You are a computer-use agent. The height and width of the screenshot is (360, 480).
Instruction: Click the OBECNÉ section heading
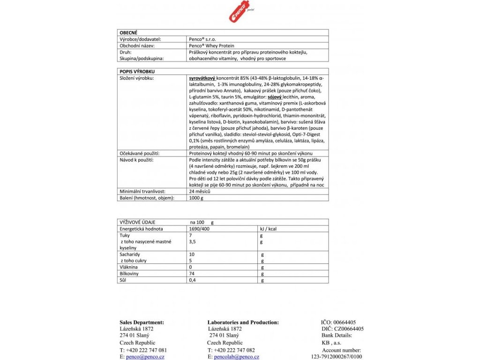click(129, 33)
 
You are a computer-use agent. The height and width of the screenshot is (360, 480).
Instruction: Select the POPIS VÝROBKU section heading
click(136, 71)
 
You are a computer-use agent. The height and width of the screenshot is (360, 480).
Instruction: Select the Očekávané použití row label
click(140, 153)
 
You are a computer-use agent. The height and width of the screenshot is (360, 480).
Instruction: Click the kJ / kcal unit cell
click(268, 228)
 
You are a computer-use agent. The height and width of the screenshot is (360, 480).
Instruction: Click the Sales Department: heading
click(142, 322)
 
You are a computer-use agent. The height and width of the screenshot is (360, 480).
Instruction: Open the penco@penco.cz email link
click(142, 357)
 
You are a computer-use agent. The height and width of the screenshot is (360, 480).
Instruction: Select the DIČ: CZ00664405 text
click(342, 329)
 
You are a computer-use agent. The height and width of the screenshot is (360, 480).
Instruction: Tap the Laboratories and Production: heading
click(243, 322)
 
